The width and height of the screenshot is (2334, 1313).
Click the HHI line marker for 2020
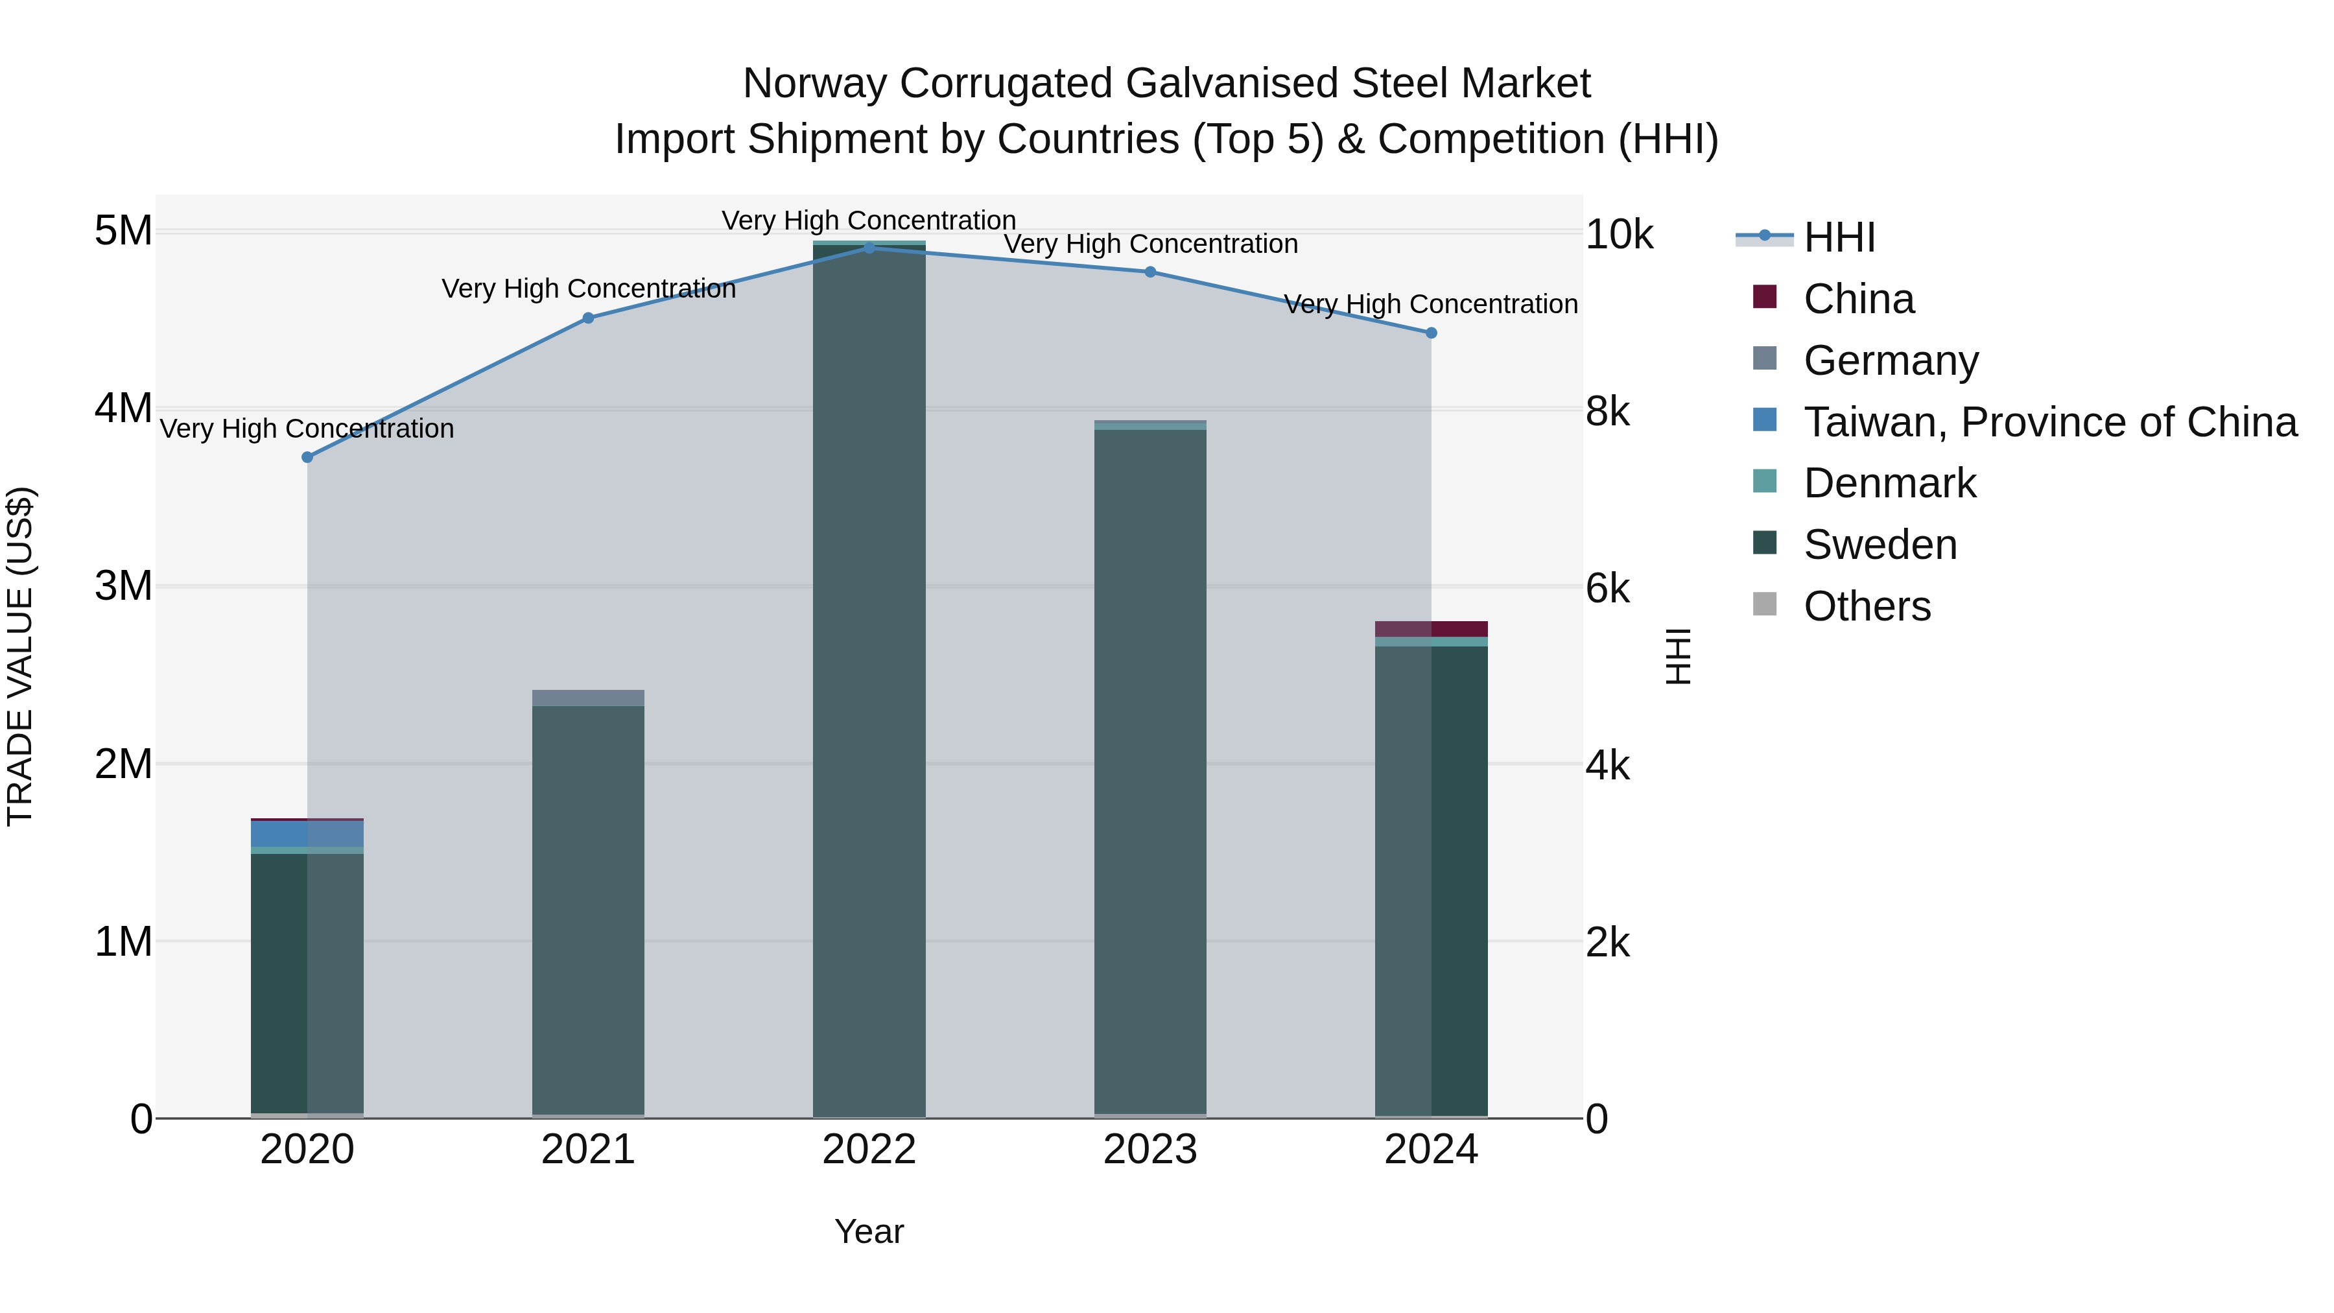(307, 458)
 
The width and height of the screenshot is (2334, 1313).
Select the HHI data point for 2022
(869, 248)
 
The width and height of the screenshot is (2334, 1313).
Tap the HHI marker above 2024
(1432, 333)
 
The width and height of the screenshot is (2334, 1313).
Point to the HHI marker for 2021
(588, 318)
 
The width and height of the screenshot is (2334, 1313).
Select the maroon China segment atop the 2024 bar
(1432, 629)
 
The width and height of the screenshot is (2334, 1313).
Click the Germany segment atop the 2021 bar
(588, 698)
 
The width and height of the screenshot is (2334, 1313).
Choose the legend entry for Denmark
(1889, 483)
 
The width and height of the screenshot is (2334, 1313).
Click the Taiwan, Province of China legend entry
(2049, 422)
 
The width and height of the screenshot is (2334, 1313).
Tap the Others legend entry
(1867, 606)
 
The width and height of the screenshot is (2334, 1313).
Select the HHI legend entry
(1839, 237)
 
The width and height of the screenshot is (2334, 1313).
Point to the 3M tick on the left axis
(123, 586)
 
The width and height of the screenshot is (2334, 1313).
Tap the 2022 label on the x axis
(869, 1150)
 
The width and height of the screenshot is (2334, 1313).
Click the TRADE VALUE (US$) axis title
(20, 656)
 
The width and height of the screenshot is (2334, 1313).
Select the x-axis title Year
(869, 1231)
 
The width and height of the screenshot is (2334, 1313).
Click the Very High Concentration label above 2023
(1151, 244)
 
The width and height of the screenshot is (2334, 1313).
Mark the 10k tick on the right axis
(1619, 235)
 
